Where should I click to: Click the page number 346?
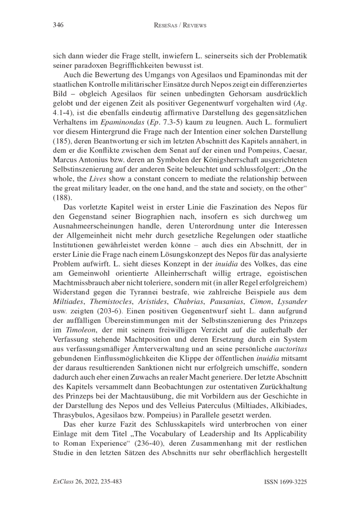pyautogui.click(x=58, y=26)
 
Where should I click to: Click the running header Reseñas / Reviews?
pyautogui.click(x=180, y=26)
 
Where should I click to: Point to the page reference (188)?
pyautogui.click(x=62, y=184)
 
